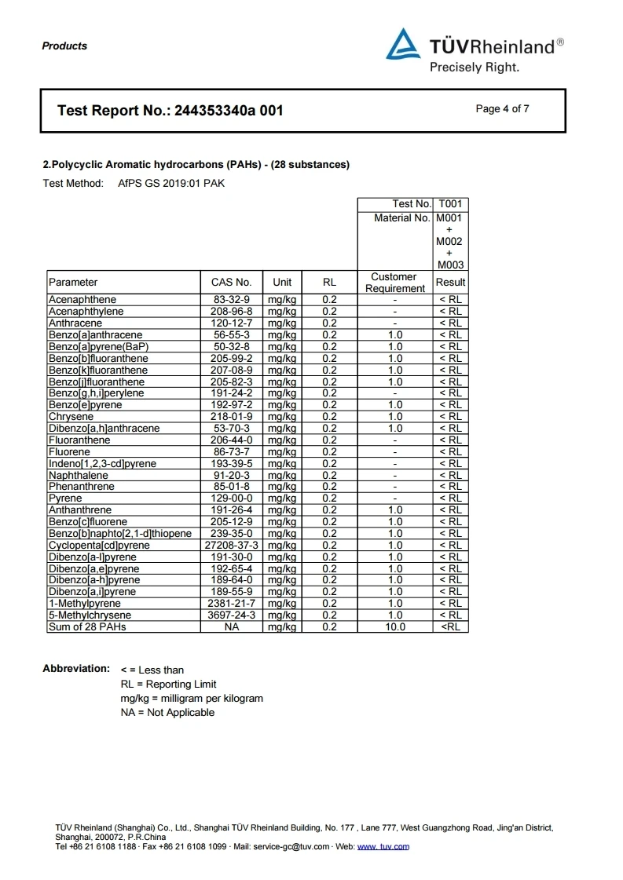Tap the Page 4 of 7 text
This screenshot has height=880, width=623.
[502, 109]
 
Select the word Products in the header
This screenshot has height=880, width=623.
[64, 46]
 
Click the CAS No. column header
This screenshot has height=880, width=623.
[231, 283]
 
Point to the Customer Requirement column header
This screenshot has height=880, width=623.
[394, 283]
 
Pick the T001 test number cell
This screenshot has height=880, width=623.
[451, 204]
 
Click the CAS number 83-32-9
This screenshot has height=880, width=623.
[231, 300]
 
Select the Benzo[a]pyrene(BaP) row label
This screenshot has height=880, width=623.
[98, 346]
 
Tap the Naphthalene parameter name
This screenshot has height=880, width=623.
[79, 475]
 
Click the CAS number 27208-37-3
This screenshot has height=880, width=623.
[231, 545]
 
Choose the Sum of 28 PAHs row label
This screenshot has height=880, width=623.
[87, 626]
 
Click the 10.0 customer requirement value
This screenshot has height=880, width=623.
[395, 626]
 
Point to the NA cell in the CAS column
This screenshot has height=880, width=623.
[231, 626]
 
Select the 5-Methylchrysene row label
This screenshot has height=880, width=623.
[90, 615]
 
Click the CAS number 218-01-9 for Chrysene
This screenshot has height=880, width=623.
[231, 416]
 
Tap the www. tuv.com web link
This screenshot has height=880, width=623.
[383, 847]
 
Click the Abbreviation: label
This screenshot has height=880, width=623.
[76, 669]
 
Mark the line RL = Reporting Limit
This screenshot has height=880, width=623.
[168, 684]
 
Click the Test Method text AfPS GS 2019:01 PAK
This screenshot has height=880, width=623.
[171, 184]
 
